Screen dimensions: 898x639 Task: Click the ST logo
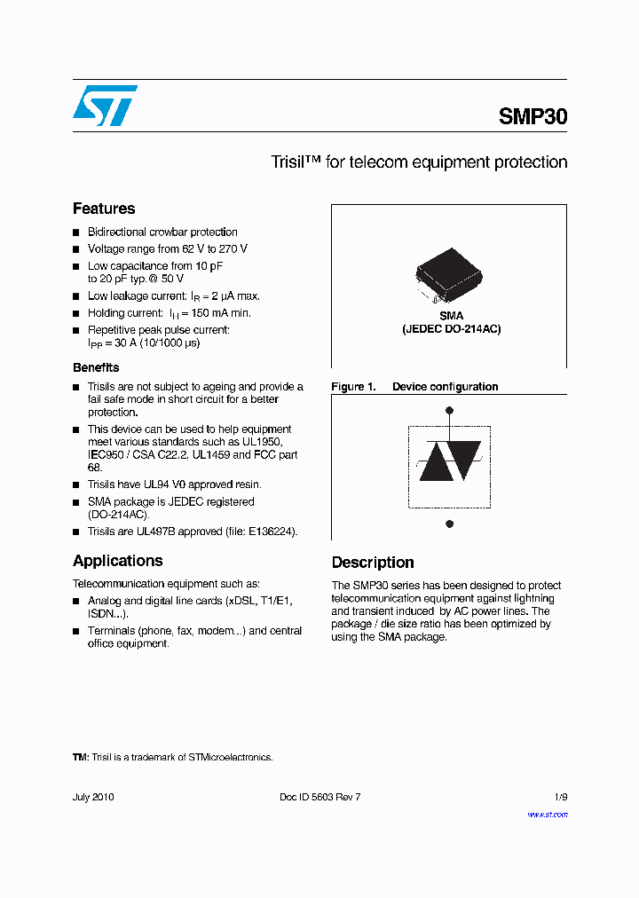tap(105, 105)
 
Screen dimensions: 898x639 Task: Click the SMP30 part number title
tap(532, 116)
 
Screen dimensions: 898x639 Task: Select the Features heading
tap(104, 209)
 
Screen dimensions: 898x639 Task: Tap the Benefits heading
tap(96, 367)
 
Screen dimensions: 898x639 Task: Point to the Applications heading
tap(117, 561)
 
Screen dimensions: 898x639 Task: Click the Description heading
tap(373, 563)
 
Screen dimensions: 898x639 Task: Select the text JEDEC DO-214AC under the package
tap(452, 329)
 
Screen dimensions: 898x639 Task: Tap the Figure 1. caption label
tap(353, 387)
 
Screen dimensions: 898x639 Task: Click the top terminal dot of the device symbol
tap(450, 410)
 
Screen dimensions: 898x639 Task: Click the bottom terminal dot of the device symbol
tap(450, 524)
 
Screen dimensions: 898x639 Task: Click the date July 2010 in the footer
tap(93, 797)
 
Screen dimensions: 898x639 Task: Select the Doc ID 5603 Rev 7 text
tap(319, 797)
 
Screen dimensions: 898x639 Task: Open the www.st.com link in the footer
tap(548, 815)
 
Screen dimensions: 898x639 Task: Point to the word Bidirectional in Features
tap(117, 232)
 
